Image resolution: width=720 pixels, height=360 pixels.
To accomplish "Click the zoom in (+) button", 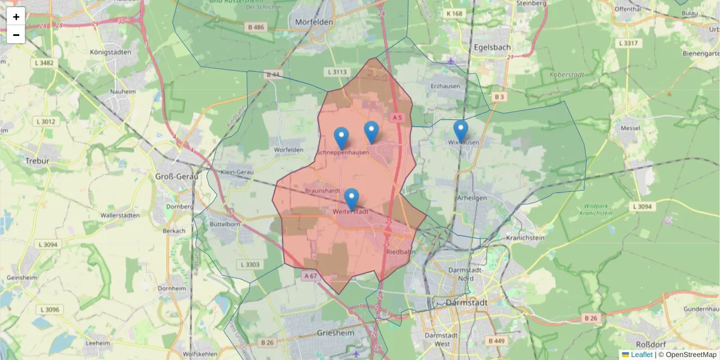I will (16, 17).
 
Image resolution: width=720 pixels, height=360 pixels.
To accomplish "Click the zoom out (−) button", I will (16, 35).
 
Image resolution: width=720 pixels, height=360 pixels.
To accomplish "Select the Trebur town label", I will (37, 161).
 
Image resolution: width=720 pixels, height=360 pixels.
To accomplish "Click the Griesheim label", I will (335, 332).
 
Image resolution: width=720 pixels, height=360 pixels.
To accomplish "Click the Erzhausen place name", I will (445, 86).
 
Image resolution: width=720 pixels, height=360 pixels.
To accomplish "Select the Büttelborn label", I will (225, 223).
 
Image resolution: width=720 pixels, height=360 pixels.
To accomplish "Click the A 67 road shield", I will (310, 275).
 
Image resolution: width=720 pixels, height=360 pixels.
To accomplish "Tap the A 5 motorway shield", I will (396, 118).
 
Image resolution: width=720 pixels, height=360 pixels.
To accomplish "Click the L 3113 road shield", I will (337, 72).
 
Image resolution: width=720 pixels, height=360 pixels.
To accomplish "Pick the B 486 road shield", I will (255, 27).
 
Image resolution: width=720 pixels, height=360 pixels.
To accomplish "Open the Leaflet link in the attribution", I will (641, 355).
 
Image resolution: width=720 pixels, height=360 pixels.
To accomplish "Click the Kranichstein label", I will (525, 238).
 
